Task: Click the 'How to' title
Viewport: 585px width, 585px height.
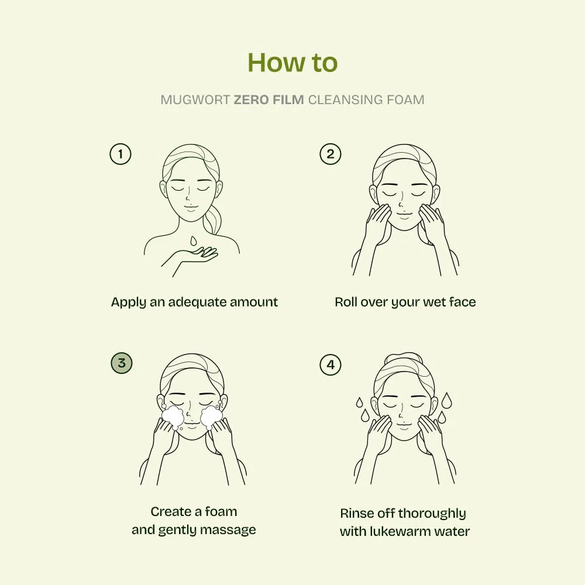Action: tap(292, 63)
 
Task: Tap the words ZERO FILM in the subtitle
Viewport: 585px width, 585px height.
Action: tap(269, 99)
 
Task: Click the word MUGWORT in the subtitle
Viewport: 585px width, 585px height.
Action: tap(195, 99)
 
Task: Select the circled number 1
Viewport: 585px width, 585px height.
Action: tap(121, 154)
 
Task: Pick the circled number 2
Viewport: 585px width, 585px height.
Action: tap(330, 154)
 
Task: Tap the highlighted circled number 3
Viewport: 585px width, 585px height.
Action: tap(121, 363)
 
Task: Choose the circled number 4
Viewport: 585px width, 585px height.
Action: tap(330, 365)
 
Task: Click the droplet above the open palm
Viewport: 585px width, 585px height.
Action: tap(193, 240)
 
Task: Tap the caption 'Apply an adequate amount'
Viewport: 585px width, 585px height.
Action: tap(194, 302)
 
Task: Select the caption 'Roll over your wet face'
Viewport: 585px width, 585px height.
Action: tap(405, 302)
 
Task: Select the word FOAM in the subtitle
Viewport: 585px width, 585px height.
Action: tap(405, 99)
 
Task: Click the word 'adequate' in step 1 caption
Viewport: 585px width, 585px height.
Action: tap(195, 302)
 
